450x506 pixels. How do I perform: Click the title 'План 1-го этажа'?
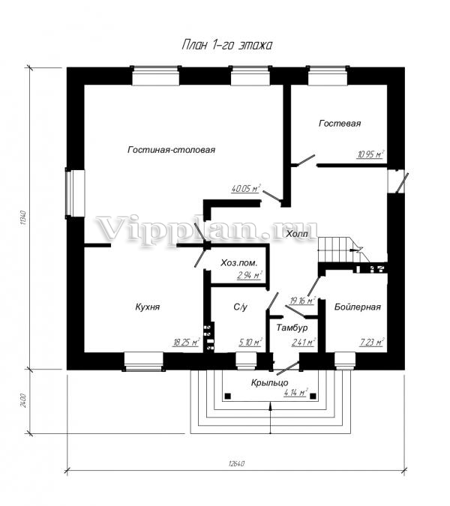227,45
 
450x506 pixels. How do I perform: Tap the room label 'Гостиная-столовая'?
172,150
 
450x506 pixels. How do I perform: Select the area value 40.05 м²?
246,188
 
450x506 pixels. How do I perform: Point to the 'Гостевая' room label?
340,123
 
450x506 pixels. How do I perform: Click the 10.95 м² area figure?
370,154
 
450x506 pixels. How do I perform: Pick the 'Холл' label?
297,234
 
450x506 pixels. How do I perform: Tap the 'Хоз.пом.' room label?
239,262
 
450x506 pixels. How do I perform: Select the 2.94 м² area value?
249,275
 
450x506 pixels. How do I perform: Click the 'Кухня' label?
148,307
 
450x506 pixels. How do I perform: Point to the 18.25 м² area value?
186,342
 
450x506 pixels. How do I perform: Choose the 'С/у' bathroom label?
241,307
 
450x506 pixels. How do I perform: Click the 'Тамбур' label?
292,328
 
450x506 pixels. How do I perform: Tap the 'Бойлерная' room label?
358,307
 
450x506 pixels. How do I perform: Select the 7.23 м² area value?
372,342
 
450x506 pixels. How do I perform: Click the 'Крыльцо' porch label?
269,383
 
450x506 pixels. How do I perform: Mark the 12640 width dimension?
236,464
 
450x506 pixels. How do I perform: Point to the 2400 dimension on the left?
23,400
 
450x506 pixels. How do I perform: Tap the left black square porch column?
227,396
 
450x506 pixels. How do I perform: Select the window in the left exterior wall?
75,193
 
